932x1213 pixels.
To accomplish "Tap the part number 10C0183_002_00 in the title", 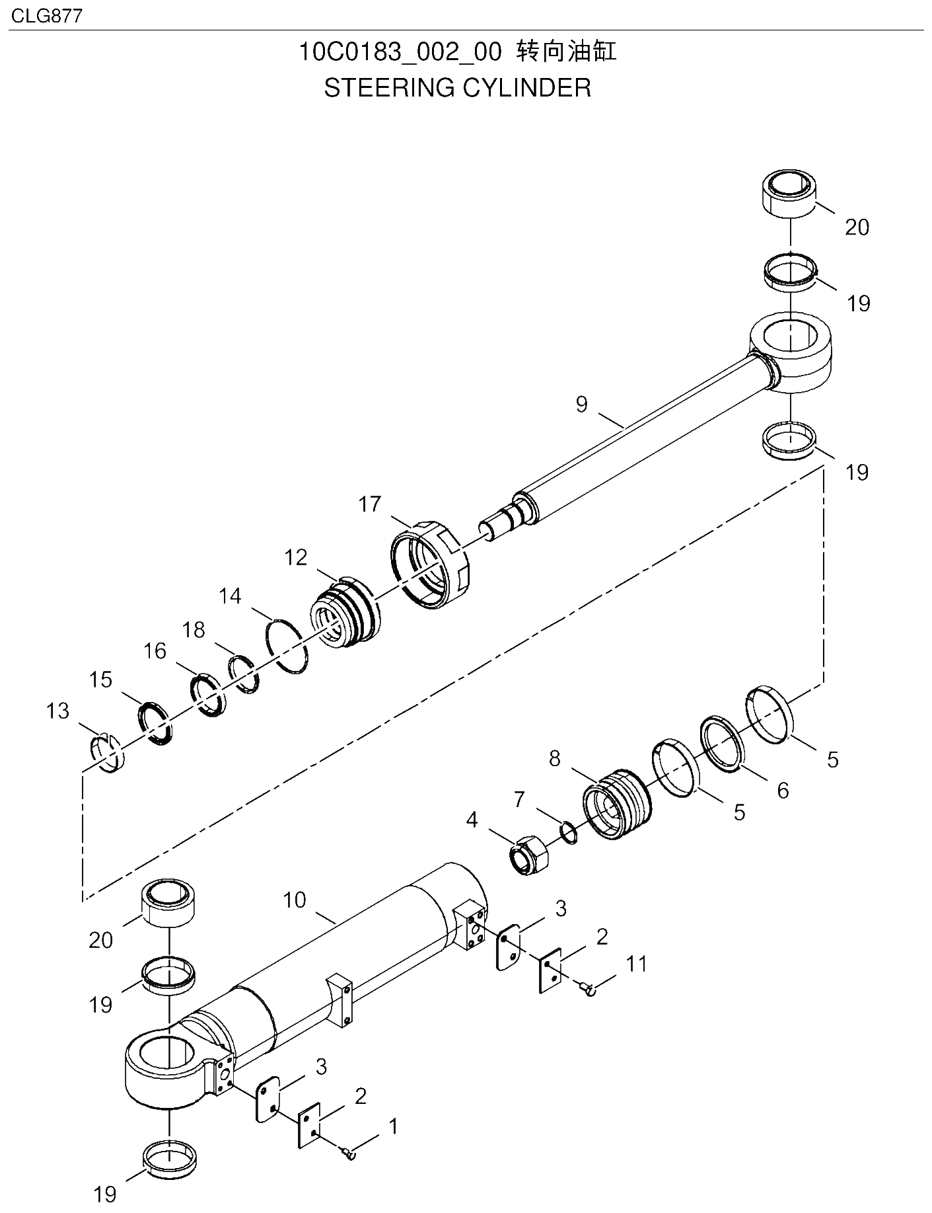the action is [x=400, y=52].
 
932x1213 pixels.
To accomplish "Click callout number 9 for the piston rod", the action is [x=581, y=404].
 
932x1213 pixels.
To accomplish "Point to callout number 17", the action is [x=370, y=504].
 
